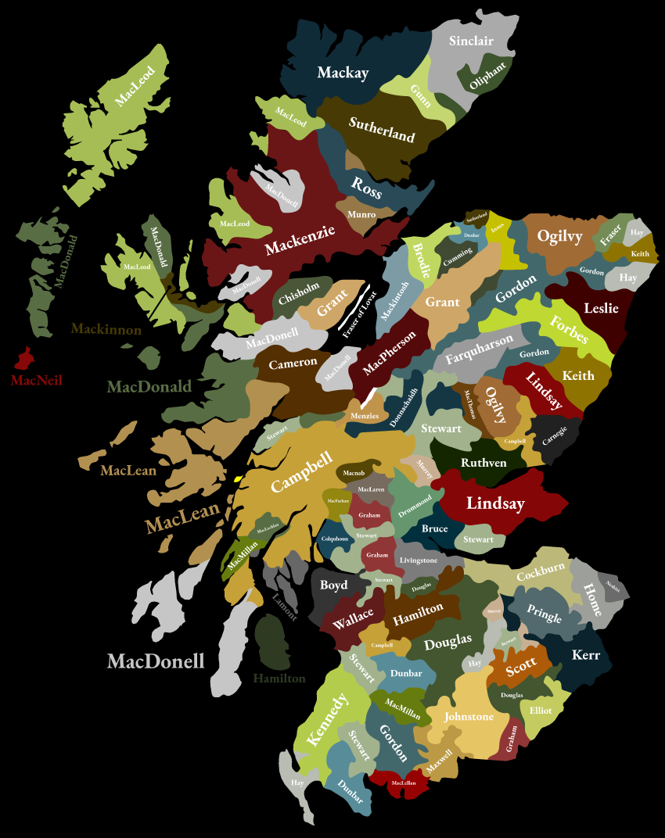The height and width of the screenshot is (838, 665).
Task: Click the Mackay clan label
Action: click(x=343, y=73)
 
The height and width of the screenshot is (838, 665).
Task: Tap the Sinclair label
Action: click(x=471, y=41)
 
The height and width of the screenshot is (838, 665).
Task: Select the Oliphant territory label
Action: click(x=488, y=76)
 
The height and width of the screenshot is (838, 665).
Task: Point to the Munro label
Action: click(x=361, y=214)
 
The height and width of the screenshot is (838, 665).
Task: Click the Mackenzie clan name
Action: click(x=300, y=240)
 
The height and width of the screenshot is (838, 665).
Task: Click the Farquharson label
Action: click(x=480, y=349)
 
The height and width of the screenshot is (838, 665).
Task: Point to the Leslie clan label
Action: click(x=601, y=308)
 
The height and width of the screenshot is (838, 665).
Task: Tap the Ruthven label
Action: click(x=483, y=463)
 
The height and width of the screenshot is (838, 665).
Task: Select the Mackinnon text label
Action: click(x=106, y=329)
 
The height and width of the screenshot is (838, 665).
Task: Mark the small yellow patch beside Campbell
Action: click(x=238, y=478)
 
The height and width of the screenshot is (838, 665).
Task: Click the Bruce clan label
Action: click(x=434, y=528)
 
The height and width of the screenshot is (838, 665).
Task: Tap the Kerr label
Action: click(x=585, y=655)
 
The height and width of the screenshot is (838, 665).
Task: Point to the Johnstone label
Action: click(x=469, y=716)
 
